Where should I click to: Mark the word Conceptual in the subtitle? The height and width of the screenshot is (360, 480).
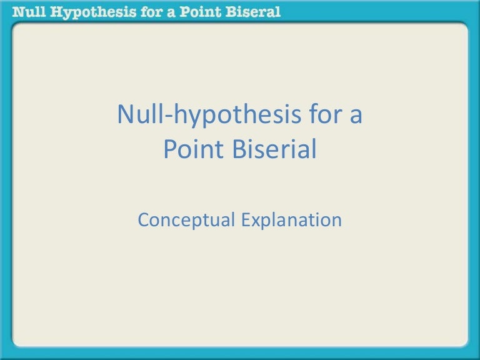pos(184,220)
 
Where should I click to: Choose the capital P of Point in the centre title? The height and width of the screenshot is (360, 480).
pos(169,150)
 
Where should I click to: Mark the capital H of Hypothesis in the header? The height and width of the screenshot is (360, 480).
pos(59,11)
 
